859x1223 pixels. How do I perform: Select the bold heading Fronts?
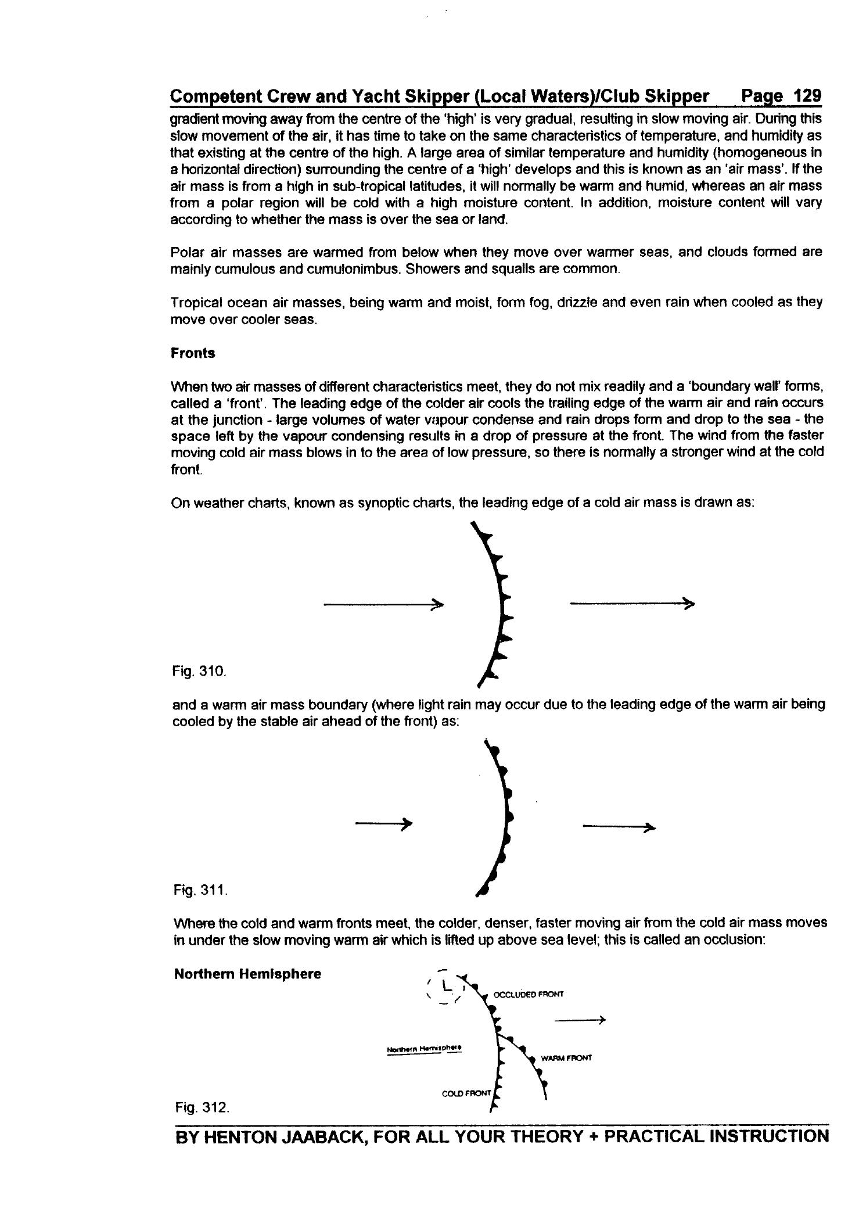(x=193, y=353)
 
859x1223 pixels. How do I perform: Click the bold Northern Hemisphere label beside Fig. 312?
(x=247, y=974)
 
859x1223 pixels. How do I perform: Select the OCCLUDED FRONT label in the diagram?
(x=528, y=994)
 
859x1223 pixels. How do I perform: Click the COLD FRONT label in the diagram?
(x=466, y=1093)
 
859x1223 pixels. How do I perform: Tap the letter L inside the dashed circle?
(x=445, y=986)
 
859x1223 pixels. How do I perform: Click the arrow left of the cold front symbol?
(x=383, y=605)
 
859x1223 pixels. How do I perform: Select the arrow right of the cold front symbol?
(x=632, y=604)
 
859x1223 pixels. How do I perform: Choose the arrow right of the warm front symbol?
(x=619, y=827)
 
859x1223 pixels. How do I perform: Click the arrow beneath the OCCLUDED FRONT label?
(x=580, y=1020)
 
